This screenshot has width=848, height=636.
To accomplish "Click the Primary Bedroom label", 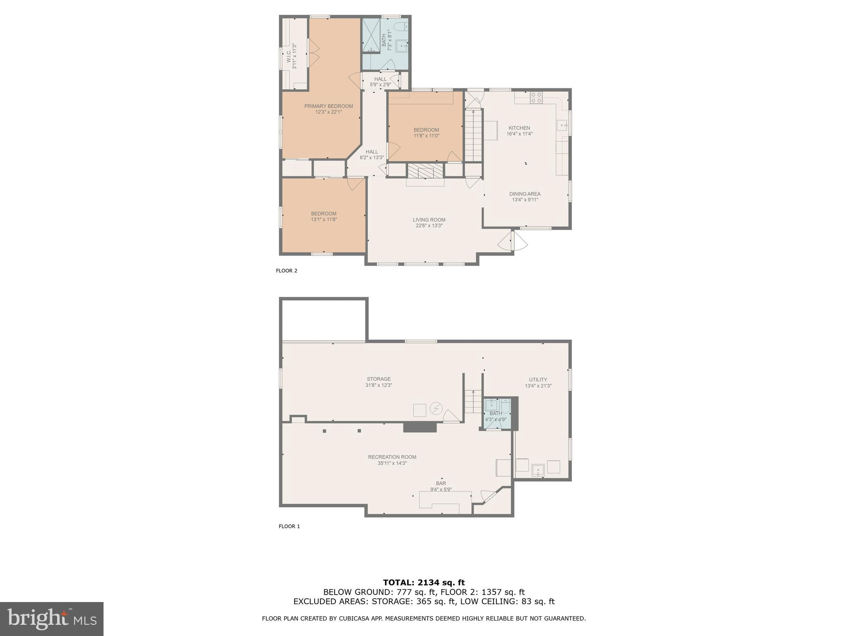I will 328,106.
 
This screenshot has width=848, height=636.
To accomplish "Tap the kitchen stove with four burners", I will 536,98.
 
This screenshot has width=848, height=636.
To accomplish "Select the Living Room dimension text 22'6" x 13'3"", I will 429,226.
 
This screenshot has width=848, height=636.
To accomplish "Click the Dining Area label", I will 525,194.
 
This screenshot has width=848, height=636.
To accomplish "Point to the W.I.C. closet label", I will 289,56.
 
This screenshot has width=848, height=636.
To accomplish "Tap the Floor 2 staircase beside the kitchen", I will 473,135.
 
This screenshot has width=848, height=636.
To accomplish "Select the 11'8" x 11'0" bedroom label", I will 426,132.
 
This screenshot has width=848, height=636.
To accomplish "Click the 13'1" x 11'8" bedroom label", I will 324,217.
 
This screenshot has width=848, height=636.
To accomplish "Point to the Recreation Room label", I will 392,457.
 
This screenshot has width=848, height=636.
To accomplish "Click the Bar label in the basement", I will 441,483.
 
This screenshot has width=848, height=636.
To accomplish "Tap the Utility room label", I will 538,380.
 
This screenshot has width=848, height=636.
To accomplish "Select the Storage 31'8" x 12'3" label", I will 378,382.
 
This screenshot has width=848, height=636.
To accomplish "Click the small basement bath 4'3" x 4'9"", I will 496,416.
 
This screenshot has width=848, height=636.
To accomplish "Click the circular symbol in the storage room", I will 436,409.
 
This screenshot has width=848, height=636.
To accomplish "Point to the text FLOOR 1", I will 289,526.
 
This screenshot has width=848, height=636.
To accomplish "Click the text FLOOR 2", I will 287,271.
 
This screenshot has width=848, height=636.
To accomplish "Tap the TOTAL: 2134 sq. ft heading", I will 424,583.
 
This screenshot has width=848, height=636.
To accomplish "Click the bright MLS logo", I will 52,619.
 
